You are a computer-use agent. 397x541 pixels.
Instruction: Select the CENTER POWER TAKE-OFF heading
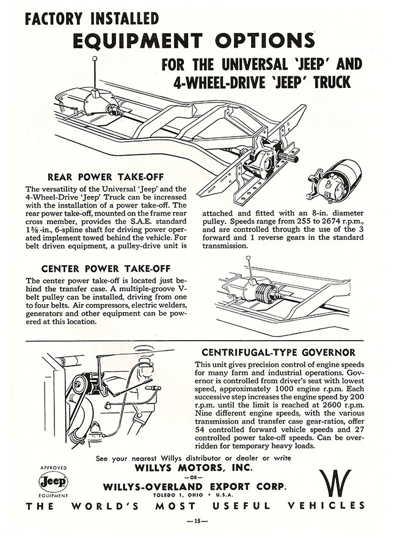tap(106, 267)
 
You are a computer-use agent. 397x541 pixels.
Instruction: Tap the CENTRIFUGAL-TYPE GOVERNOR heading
tap(279, 352)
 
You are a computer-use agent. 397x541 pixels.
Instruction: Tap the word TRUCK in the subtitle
tap(338, 81)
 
